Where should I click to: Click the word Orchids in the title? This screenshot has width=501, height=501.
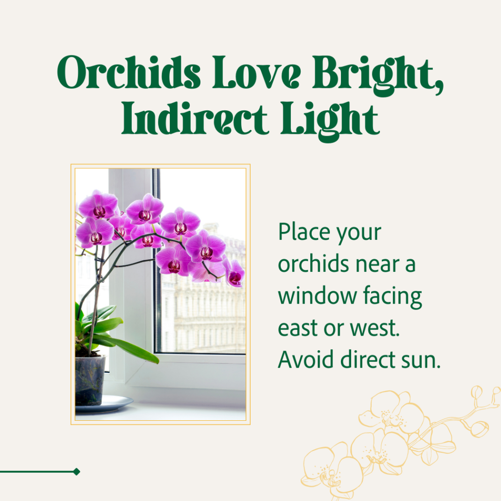[x=129, y=72]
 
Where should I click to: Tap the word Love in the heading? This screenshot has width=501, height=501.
[x=256, y=72]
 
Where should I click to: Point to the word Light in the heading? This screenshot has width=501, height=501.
[x=330, y=122]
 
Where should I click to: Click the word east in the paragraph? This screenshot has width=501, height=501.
[x=298, y=328]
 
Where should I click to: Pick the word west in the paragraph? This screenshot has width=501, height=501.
[x=375, y=328]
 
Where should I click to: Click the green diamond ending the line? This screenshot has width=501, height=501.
[x=76, y=472]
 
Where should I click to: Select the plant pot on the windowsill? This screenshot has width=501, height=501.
[x=90, y=380]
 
